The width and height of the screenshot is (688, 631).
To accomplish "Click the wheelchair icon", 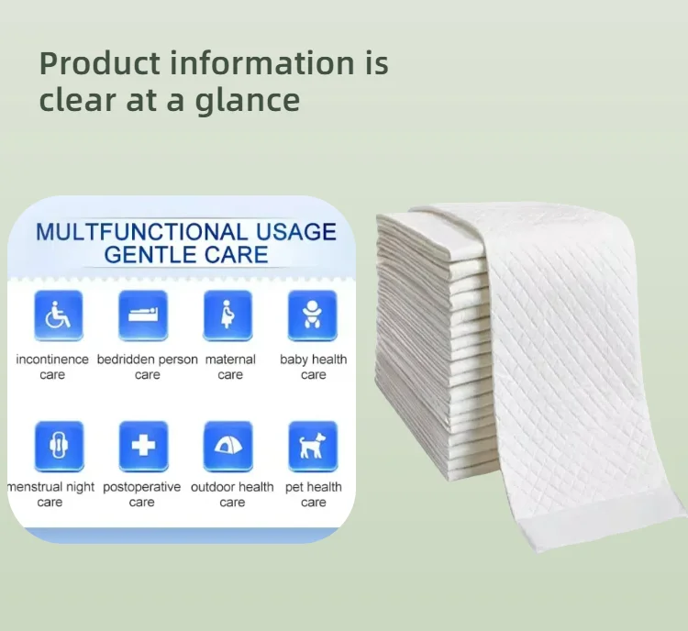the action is [59, 315].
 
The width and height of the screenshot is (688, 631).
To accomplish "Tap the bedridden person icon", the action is [143, 315].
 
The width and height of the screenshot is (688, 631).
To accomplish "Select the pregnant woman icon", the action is [227, 315].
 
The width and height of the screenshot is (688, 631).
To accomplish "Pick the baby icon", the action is [313, 315].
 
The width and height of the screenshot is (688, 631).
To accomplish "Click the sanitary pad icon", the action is [59, 446].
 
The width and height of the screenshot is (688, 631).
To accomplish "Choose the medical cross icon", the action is [143, 446].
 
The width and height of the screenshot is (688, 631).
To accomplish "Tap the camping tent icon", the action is [227, 446].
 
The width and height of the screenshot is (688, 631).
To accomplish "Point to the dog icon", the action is [313, 446].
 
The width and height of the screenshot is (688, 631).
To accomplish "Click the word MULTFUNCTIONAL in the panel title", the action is [141, 232].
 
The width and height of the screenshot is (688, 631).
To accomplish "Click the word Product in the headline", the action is [100, 63].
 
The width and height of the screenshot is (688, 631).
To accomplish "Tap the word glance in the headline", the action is [248, 102].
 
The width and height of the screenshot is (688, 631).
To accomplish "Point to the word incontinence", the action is [52, 360].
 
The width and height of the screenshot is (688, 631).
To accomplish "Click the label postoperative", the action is [141, 488].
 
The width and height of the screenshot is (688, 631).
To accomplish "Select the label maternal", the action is [230, 360].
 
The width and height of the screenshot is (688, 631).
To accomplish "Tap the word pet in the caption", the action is [294, 488].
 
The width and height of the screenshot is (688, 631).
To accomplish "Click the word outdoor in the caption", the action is [211, 487].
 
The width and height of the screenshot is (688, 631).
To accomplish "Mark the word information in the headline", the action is [262, 62].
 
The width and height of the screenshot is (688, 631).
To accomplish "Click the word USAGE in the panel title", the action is [296, 232].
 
